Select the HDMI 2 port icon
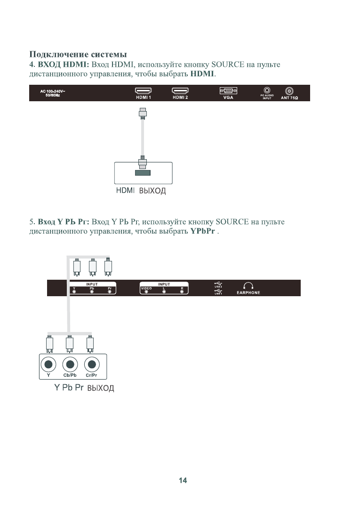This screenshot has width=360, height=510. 180,91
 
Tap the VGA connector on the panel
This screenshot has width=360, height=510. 228,91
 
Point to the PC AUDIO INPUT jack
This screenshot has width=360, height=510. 267,90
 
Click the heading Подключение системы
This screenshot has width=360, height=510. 78,54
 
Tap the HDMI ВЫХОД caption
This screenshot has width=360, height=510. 141,192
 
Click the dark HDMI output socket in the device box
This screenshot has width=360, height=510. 143,173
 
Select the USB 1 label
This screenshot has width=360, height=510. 218,293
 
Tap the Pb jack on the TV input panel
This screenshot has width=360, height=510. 92,292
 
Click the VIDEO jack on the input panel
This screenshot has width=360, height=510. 146,292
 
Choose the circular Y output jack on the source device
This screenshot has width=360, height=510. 49,364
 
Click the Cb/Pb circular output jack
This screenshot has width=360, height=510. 70,364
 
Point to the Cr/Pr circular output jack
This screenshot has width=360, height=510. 91,364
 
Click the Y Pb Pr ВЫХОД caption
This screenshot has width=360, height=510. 84,389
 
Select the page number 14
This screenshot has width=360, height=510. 183,480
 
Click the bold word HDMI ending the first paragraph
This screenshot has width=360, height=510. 202,74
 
